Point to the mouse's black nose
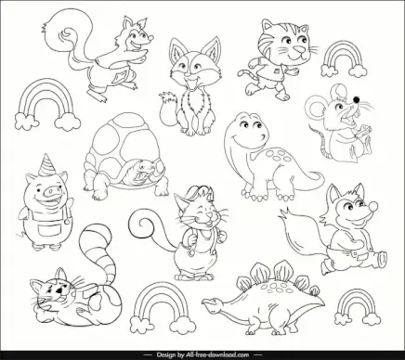click(x=357, y=99)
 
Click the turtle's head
click(x=145, y=169)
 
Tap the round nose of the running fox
click(x=373, y=206)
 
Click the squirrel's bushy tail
click(x=68, y=34)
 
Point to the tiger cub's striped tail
click(x=247, y=74)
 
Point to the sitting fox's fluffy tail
click(x=169, y=109)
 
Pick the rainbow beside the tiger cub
click(x=345, y=59)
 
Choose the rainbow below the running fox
click(x=358, y=307)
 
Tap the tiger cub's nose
click(x=298, y=49)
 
